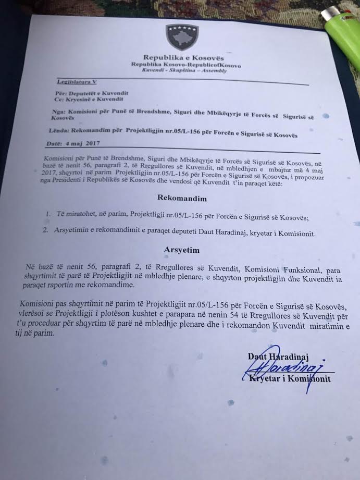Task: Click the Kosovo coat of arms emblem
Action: [x=182, y=36]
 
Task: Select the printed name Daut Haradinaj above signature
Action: [x=278, y=356]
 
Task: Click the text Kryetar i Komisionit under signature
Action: [x=290, y=378]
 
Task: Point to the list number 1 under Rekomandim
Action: [x=47, y=214]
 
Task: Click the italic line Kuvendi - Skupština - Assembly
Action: [x=184, y=70]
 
